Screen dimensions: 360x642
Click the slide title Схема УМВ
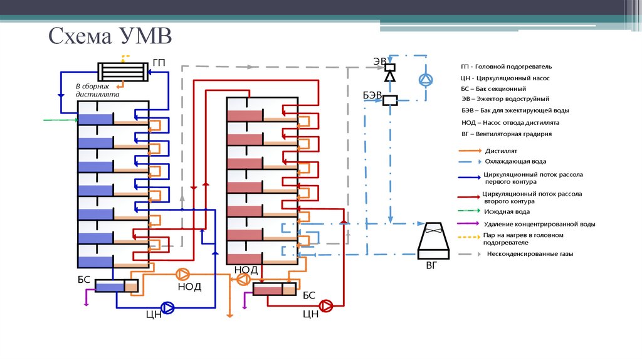tap(110, 36)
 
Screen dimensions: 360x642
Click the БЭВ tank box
tap(390, 99)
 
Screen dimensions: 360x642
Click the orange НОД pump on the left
tap(183, 274)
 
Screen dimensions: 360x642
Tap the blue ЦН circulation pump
tap(168, 307)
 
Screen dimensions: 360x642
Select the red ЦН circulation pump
tap(326, 305)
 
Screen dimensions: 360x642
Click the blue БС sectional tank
tap(117, 285)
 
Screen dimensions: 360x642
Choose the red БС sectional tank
tap(274, 289)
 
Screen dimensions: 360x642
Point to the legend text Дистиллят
tap(500, 151)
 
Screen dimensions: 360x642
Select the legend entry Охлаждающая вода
tap(511, 161)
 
